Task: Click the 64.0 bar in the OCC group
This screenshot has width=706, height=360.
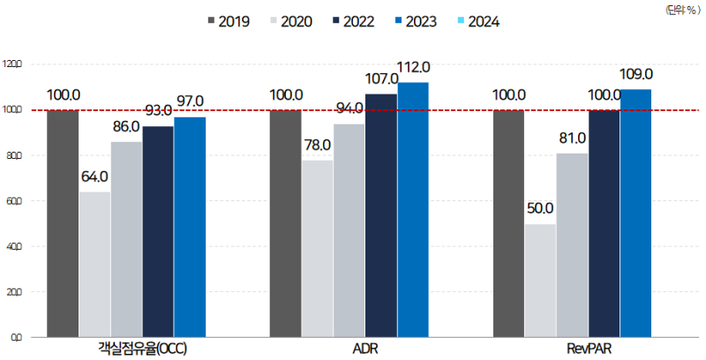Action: (94, 264)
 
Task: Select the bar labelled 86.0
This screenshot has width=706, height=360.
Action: (126, 239)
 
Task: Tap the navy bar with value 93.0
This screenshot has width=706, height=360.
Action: (158, 231)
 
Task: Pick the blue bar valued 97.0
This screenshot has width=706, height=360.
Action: (190, 227)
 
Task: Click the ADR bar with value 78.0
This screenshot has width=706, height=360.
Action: (317, 248)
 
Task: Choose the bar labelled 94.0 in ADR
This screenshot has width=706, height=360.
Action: (349, 230)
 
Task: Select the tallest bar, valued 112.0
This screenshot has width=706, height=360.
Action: (413, 209)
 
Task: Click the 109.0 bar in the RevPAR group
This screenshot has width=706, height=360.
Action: (635, 213)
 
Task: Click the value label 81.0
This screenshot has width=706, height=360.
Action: (572, 139)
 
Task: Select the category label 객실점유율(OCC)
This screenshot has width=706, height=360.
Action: (142, 349)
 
